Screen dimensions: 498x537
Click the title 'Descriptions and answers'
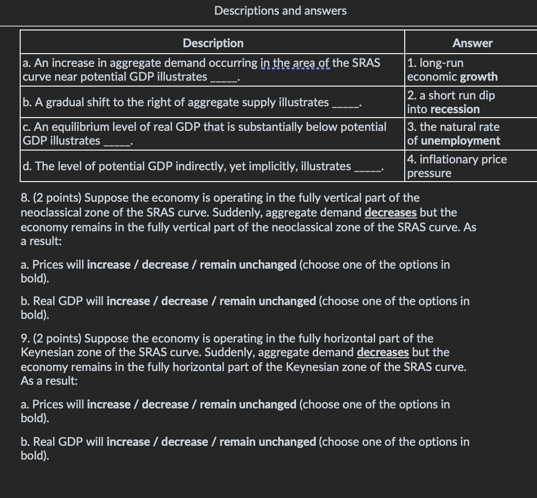pos(280,11)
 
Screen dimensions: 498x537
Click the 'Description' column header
pos(213,43)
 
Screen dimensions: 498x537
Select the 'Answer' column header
pos(472,43)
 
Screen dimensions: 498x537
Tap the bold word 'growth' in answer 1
pos(478,77)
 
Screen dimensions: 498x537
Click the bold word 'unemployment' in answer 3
pos(461,141)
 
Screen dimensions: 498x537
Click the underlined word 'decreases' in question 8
pos(390,213)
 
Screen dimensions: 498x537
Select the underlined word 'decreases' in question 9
pos(383,352)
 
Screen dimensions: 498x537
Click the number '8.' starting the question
pos(25,198)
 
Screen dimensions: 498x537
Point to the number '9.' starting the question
pos(25,339)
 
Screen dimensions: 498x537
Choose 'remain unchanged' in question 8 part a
pos(248,265)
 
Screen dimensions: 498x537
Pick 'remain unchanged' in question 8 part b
pos(268,301)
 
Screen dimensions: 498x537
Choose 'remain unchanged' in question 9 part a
pos(248,405)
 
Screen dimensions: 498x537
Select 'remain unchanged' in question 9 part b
pos(268,442)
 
